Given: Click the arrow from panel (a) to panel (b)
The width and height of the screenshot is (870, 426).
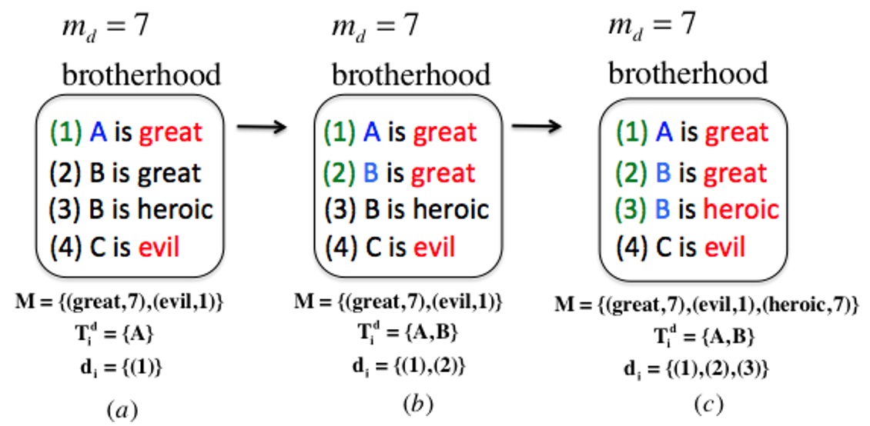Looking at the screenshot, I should [261, 128].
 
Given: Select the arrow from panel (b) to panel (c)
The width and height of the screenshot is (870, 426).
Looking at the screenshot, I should [536, 128].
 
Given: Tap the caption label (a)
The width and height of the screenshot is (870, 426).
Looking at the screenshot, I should [119, 410].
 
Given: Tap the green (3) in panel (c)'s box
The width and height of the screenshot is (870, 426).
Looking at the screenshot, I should [632, 209].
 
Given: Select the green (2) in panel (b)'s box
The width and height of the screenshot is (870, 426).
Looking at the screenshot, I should [340, 172].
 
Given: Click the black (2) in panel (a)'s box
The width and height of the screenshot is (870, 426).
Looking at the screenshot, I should [65, 172].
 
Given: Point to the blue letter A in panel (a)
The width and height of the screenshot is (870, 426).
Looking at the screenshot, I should [99, 132].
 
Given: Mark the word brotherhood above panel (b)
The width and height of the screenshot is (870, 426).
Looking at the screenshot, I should [410, 75].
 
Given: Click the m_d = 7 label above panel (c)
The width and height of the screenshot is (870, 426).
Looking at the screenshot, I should [651, 25].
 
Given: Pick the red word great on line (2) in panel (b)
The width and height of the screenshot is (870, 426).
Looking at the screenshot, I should [443, 172].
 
